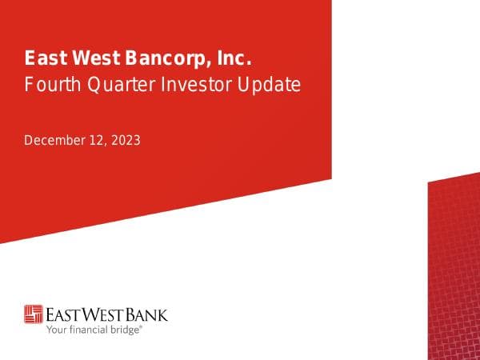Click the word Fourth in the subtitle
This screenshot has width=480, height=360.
(x=48, y=84)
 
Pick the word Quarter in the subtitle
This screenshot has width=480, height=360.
(x=114, y=84)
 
